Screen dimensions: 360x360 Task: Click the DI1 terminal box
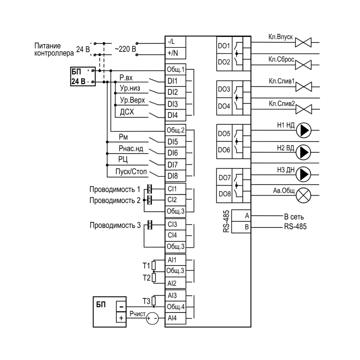(x=175, y=81)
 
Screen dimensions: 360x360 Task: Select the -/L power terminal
(x=175, y=42)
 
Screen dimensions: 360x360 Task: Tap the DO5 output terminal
(x=224, y=133)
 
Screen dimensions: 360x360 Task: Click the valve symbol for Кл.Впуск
(x=303, y=43)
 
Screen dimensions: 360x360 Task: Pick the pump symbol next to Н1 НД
(x=303, y=130)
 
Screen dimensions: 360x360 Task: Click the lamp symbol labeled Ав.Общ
(x=303, y=195)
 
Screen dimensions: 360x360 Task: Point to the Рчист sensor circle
(x=152, y=318)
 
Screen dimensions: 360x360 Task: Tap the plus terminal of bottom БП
(x=121, y=318)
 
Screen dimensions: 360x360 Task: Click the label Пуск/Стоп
(x=131, y=172)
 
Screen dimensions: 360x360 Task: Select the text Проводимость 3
(x=115, y=225)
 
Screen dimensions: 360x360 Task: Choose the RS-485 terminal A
(x=241, y=216)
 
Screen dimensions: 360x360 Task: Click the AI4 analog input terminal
(x=175, y=318)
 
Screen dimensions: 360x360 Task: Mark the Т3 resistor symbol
(x=154, y=301)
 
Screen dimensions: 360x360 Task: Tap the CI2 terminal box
(x=175, y=200)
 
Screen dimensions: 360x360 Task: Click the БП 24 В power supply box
(x=83, y=76)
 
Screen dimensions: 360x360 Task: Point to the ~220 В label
(x=126, y=49)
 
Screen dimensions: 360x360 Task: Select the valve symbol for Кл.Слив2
(x=303, y=109)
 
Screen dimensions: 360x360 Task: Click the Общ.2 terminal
(x=175, y=130)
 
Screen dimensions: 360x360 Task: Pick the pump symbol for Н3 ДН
(x=303, y=174)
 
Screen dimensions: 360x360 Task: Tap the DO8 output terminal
(x=224, y=194)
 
